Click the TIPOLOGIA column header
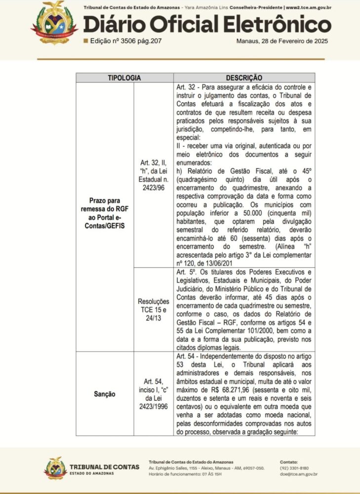(124, 78)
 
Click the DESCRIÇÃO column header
(244, 78)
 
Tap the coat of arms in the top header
(54, 22)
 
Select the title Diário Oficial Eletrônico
(207, 25)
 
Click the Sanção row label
(105, 394)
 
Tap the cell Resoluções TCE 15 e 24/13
(154, 309)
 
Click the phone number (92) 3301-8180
(294, 468)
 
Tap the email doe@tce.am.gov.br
(298, 474)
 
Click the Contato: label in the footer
(289, 461)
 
